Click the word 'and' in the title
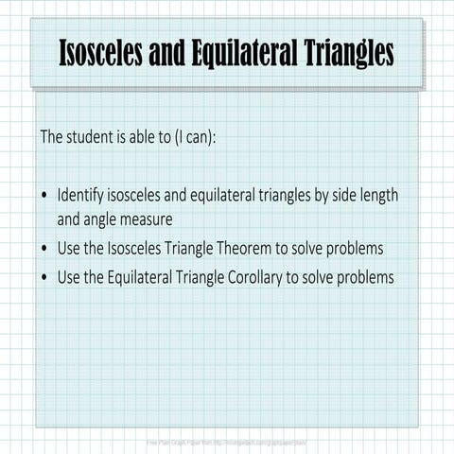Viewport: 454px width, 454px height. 172,54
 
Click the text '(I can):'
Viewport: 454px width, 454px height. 195,136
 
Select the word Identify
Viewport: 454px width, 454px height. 81,196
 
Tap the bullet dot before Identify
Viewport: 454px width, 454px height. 45,197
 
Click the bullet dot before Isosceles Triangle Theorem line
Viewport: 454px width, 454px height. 45,249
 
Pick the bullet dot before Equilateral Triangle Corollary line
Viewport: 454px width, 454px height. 45,278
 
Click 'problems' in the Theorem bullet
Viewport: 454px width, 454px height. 359,248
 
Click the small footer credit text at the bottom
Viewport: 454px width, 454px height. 226,442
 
